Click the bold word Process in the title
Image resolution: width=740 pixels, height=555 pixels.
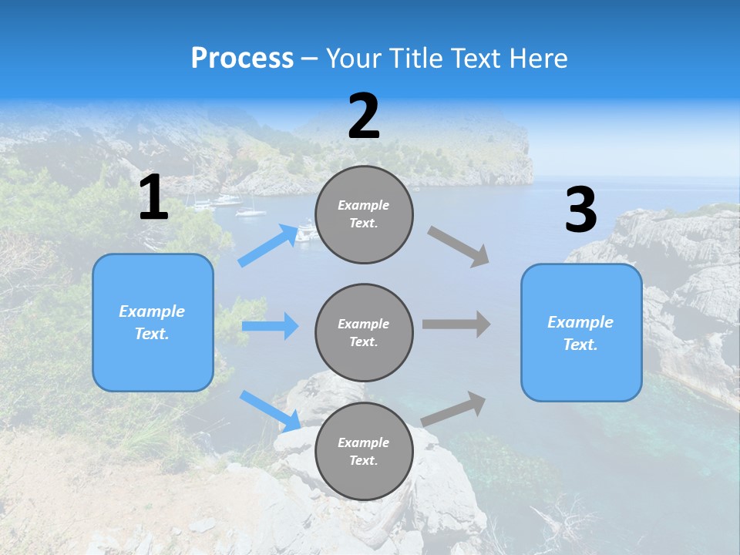tap(242, 59)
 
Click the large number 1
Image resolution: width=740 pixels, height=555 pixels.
tap(153, 198)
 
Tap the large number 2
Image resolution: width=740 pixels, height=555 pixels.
tap(364, 116)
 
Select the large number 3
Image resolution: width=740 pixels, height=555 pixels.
tap(580, 211)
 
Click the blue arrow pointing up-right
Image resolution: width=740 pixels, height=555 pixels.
tap(267, 246)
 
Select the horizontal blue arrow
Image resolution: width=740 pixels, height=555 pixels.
tap(270, 326)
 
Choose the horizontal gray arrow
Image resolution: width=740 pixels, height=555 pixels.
tap(456, 325)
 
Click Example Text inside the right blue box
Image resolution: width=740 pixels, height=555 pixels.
tap(580, 333)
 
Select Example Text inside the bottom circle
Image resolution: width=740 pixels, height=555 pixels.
tap(364, 452)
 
